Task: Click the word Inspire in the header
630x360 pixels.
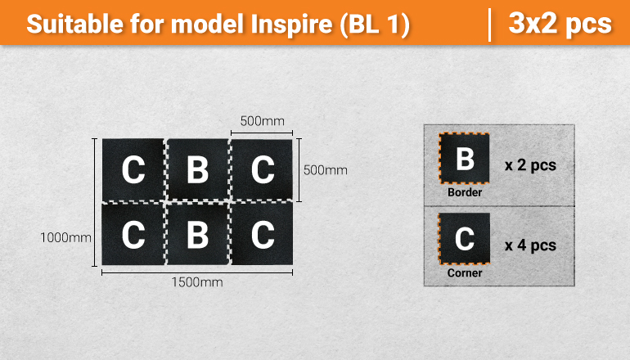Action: pyautogui.click(x=291, y=24)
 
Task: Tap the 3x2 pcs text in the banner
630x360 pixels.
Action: pyautogui.click(x=560, y=23)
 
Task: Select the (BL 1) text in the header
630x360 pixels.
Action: pyautogui.click(x=375, y=25)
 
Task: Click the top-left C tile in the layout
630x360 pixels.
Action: pyautogui.click(x=133, y=169)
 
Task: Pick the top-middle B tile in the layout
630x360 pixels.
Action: pyautogui.click(x=198, y=169)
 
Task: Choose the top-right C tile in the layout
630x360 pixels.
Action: pyautogui.click(x=262, y=169)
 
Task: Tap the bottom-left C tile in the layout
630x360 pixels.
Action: pyautogui.click(x=133, y=234)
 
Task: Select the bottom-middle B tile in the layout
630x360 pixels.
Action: pyautogui.click(x=198, y=234)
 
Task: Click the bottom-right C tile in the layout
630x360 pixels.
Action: pyautogui.click(x=262, y=234)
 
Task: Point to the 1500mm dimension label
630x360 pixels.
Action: pyautogui.click(x=197, y=282)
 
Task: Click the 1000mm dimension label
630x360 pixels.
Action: pyautogui.click(x=66, y=237)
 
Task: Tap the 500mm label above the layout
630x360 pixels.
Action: pyautogui.click(x=262, y=121)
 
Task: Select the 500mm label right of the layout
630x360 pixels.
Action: pyautogui.click(x=326, y=170)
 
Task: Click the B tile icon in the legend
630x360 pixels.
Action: pyautogui.click(x=465, y=158)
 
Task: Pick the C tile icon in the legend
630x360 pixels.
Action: pyautogui.click(x=465, y=239)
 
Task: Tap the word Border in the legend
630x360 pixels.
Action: pyautogui.click(x=465, y=192)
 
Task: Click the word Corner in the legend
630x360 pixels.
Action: pyautogui.click(x=465, y=272)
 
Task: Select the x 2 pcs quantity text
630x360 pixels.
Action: pyautogui.click(x=530, y=165)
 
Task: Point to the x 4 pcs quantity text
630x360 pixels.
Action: pyautogui.click(x=530, y=245)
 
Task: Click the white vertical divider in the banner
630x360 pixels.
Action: pyautogui.click(x=489, y=25)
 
